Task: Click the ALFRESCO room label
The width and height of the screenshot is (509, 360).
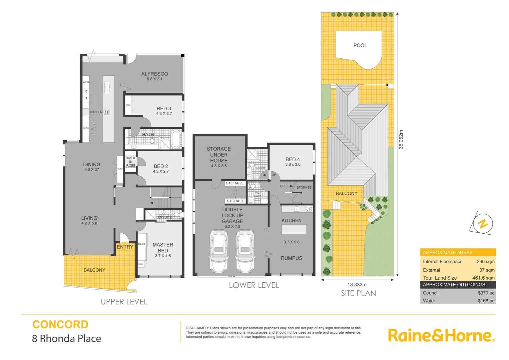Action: pyautogui.click(x=154, y=74)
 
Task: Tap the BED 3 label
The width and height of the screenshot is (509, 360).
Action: pyautogui.click(x=164, y=109)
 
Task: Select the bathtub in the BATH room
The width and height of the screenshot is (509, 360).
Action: pyautogui.click(x=175, y=139)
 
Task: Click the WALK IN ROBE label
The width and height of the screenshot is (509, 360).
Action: pyautogui.click(x=131, y=162)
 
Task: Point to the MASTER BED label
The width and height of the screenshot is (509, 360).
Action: pyautogui.click(x=163, y=248)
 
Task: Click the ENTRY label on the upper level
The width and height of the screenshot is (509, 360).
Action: pyautogui.click(x=125, y=247)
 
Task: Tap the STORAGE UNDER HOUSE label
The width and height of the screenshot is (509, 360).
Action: pyautogui.click(x=219, y=155)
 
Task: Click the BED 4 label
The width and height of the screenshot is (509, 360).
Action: pyautogui.click(x=293, y=160)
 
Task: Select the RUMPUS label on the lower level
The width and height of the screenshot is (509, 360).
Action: pyautogui.click(x=292, y=258)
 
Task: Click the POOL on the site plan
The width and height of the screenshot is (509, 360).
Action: pyautogui.click(x=360, y=46)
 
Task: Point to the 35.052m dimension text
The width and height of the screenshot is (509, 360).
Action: pyautogui.click(x=401, y=139)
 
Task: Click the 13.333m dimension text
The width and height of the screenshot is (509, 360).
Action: pyautogui.click(x=357, y=285)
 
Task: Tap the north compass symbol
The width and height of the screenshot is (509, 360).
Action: pyautogui.click(x=482, y=224)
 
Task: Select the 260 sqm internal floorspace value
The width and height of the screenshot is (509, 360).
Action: pyautogui.click(x=485, y=262)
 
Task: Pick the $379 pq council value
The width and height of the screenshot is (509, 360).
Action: pyautogui.click(x=486, y=293)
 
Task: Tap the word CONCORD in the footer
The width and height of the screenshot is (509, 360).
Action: pyautogui.click(x=60, y=324)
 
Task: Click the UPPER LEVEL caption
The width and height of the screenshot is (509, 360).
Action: pyautogui.click(x=124, y=302)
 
